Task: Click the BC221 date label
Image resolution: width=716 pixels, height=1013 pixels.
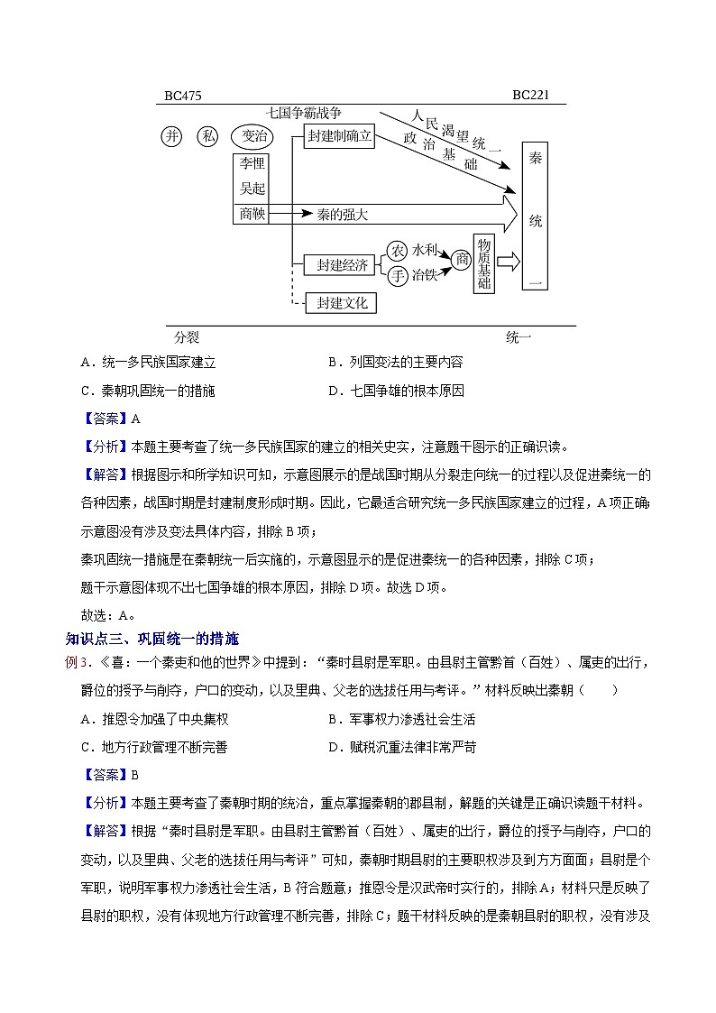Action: tap(531, 95)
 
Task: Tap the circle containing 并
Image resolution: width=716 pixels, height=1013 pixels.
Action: tap(172, 136)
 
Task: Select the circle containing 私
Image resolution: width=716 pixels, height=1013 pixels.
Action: tap(209, 136)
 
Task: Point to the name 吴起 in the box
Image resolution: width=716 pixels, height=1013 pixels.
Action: tap(250, 189)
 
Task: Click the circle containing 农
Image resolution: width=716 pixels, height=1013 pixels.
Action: tap(397, 250)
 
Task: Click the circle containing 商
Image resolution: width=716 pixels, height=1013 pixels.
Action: tap(461, 260)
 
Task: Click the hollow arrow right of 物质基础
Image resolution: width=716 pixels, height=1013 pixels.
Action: tap(509, 262)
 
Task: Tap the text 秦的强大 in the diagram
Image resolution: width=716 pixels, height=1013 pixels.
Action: tap(330, 216)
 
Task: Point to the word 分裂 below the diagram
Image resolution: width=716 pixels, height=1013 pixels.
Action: tap(187, 337)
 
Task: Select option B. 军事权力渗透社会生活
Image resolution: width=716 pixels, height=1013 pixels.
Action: tap(401, 719)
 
